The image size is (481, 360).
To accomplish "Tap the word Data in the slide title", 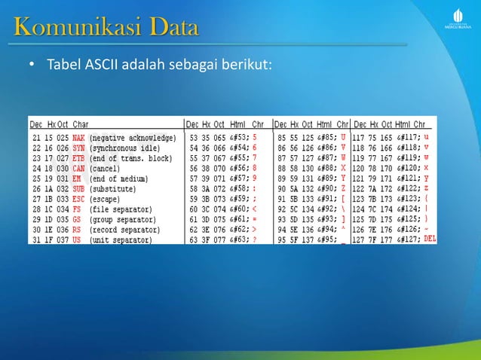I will pos(173,29).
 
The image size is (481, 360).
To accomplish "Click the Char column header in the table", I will pos(81,124).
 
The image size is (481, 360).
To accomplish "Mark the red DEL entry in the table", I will pos(430,239).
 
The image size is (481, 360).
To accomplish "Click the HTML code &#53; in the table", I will pos(239,139).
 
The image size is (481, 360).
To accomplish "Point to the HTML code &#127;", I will pos(408,239).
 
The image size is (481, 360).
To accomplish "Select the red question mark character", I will pos(255,239).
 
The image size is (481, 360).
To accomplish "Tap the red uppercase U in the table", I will pos(343,138).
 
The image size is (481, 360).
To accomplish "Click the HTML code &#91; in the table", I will pos(326,199).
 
